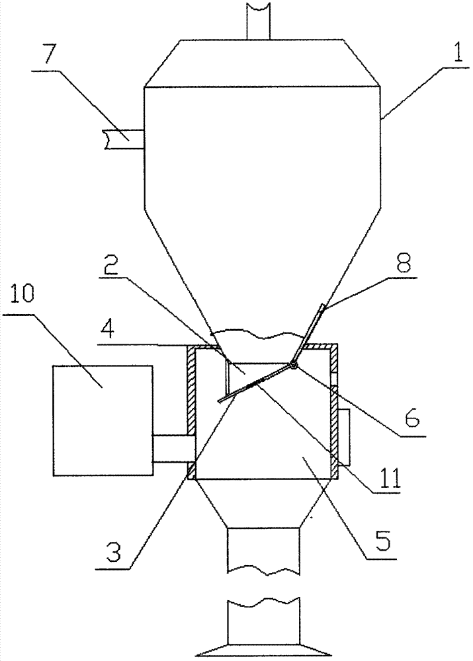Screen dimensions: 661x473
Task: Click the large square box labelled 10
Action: pyautogui.click(x=103, y=420)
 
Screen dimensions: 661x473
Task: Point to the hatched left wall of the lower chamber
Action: pyautogui.click(x=191, y=410)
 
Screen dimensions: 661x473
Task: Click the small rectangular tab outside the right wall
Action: pyautogui.click(x=344, y=437)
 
